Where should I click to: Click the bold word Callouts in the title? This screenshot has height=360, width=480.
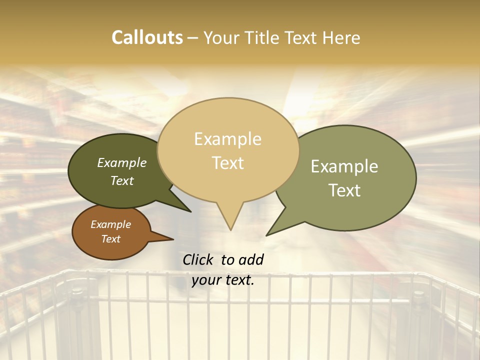point(147,37)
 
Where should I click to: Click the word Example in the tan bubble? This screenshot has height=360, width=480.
point(227,139)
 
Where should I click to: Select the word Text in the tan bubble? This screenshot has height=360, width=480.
point(227,163)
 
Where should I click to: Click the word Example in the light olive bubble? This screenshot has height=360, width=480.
point(344,166)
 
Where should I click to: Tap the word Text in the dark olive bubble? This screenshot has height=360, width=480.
point(122,180)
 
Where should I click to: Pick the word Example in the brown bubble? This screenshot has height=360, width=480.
point(110,224)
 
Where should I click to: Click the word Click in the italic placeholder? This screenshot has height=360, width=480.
point(198,259)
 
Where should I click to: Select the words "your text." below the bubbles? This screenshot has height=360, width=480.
point(223,280)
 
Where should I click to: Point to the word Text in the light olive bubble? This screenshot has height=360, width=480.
point(344,190)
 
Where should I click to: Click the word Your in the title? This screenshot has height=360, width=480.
point(222,37)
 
